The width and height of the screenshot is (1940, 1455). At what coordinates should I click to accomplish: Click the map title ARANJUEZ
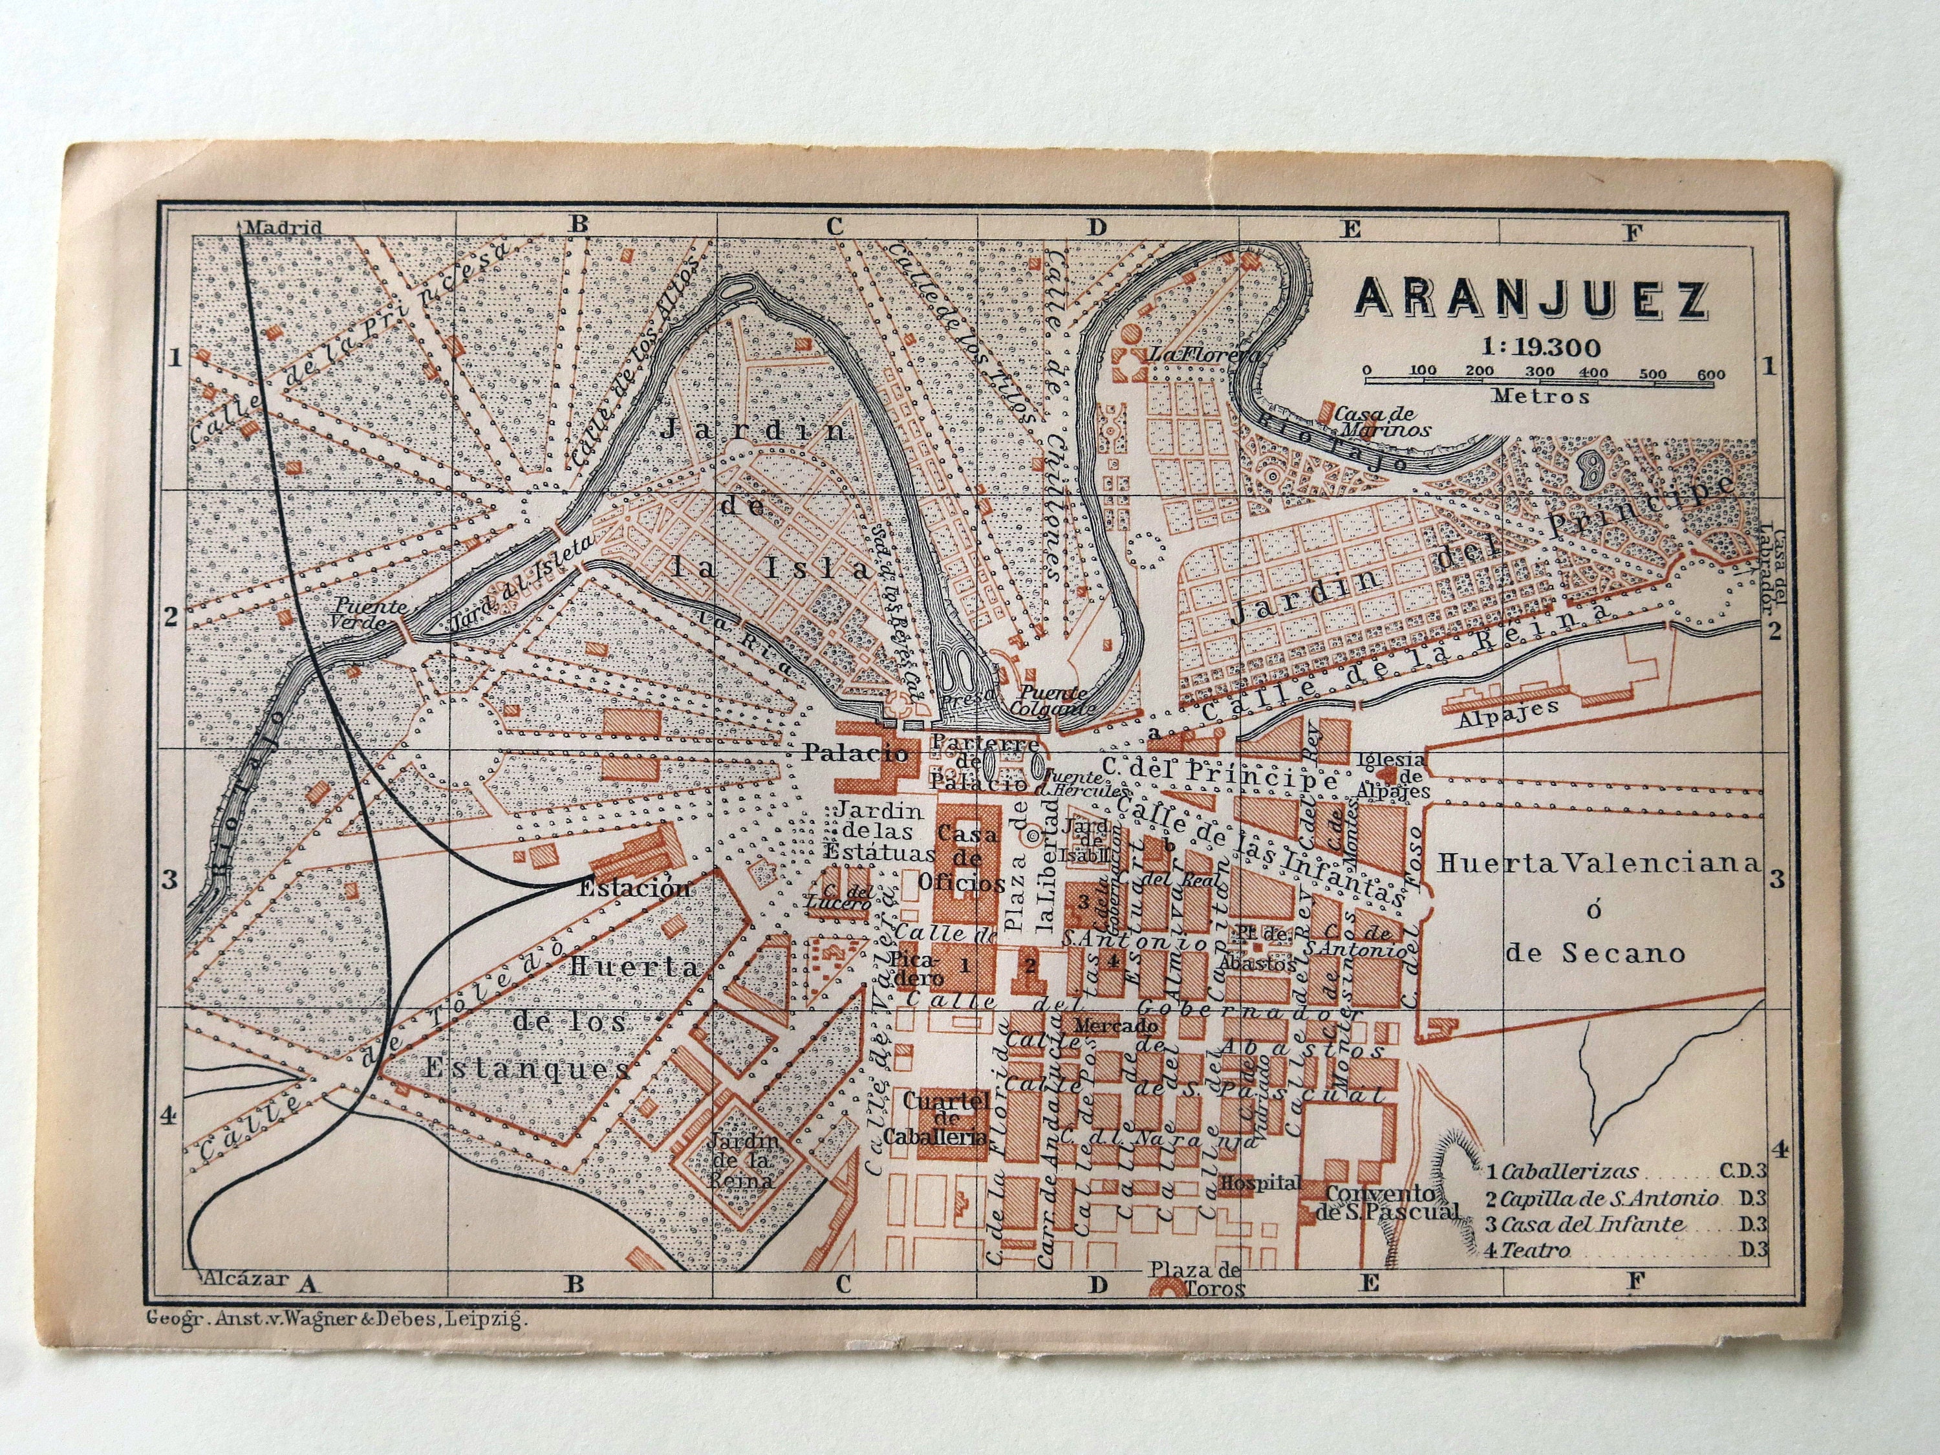coord(1531,300)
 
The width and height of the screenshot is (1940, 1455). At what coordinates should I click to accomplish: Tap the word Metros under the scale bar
coord(1541,396)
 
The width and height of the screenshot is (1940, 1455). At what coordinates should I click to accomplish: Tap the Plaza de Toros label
coord(1197,1278)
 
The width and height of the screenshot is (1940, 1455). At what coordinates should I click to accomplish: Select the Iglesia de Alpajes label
coord(1393,775)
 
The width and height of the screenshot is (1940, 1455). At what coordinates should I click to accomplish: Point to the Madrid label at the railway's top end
coord(283,227)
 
